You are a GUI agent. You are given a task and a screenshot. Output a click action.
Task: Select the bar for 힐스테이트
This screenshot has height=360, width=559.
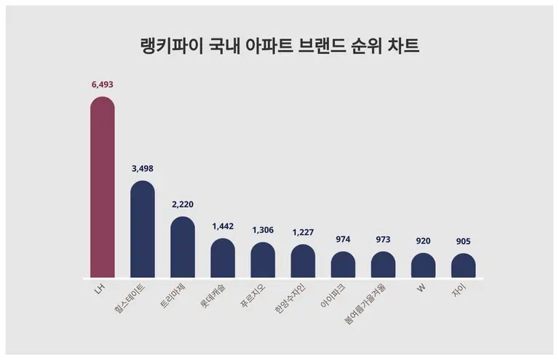coord(143,230)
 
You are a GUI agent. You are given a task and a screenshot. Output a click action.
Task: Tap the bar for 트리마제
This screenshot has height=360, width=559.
coord(183,247)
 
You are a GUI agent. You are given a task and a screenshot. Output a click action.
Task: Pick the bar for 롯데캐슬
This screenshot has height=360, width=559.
coord(223,258)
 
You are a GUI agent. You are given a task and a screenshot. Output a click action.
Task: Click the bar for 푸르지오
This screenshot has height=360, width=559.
coord(263,260)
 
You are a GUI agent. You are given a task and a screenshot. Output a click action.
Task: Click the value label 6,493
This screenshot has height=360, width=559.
coord(102,84)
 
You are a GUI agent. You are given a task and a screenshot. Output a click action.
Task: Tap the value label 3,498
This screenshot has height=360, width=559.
coord(143,168)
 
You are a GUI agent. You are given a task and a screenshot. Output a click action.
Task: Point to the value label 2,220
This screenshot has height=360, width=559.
coord(183,204)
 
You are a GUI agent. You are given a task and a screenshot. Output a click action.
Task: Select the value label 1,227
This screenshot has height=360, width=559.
coord(303,232)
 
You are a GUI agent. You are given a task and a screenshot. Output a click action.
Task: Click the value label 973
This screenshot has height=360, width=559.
coord(383,239)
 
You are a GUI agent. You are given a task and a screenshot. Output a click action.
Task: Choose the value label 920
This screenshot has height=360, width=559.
coord(423,240)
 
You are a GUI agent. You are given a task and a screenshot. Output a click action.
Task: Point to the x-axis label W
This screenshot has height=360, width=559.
coord(421,289)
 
